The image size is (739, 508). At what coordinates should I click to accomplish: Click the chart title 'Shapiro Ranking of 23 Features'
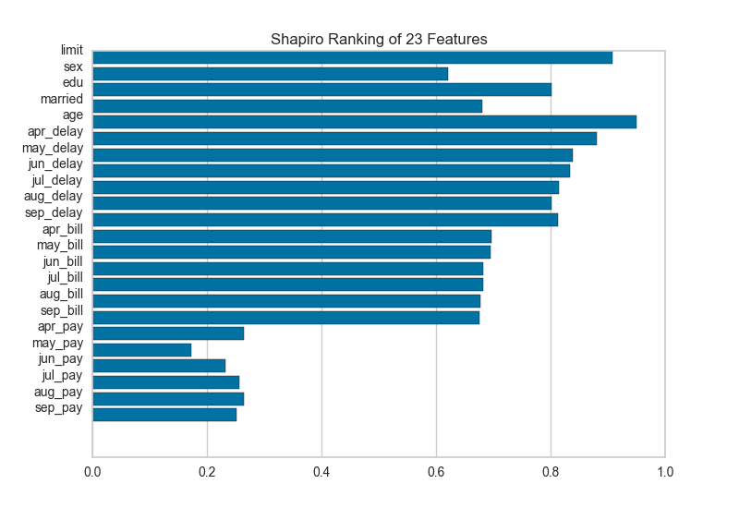click(379, 40)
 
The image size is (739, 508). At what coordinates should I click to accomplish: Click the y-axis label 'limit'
click(72, 50)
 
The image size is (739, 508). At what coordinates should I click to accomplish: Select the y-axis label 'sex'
click(74, 67)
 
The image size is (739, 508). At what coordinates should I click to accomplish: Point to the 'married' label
click(62, 99)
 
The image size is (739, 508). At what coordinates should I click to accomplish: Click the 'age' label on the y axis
click(73, 115)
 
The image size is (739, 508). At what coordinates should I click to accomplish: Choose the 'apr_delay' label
click(55, 131)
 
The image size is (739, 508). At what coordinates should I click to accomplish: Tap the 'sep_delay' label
click(55, 212)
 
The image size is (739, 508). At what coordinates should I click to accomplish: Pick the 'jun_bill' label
click(63, 261)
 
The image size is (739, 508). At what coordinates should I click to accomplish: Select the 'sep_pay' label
click(59, 407)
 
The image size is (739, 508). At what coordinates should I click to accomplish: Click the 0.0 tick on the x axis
click(92, 472)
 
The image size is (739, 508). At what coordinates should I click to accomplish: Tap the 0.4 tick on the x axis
click(321, 472)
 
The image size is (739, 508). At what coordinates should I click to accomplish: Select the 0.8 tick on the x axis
click(551, 472)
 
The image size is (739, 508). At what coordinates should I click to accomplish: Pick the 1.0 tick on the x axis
click(665, 472)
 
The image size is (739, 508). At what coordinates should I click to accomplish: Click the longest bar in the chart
click(364, 122)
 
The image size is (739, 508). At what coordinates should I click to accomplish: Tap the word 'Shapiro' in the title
click(296, 40)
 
